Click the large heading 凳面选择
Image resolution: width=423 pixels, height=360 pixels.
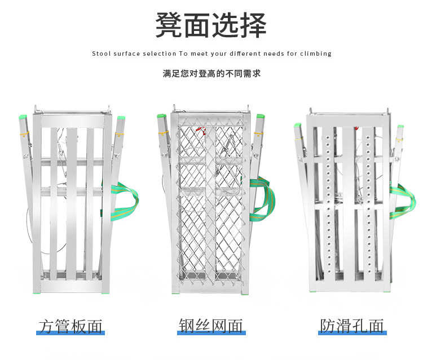coord(211,25)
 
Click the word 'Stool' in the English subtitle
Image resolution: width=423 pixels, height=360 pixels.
coord(101,54)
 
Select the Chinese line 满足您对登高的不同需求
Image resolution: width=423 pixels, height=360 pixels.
coord(211,73)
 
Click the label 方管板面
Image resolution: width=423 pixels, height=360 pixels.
coord(70,326)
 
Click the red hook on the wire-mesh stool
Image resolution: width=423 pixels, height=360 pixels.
coord(201,130)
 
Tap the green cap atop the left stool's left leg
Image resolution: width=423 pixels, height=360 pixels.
coord(23,117)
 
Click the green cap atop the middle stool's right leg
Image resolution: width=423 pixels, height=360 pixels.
coord(261,116)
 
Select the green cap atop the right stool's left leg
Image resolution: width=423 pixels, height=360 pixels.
coord(298,125)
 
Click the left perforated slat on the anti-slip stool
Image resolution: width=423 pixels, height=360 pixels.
coord(329,205)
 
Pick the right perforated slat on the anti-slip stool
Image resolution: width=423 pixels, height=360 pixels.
coord(368,205)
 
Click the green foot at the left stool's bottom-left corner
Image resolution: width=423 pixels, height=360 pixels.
coord(37,292)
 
